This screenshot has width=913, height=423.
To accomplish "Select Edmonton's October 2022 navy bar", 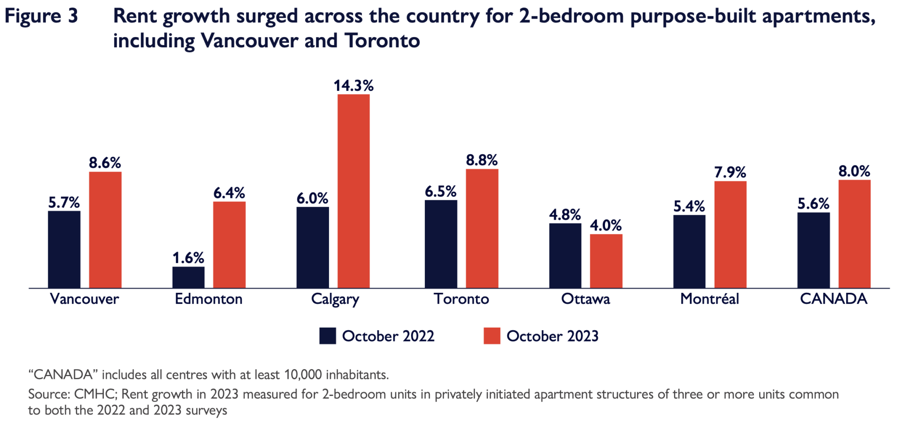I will point(188,277).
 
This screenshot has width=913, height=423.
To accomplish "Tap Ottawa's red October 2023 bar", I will point(606,261).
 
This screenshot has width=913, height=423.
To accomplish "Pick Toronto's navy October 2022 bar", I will point(440,244).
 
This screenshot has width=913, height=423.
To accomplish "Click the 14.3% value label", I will point(354,86).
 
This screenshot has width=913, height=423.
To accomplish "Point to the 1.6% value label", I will point(188,258).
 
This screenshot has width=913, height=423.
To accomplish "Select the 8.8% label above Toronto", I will point(481,160).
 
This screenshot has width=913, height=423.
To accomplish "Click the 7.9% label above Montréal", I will point(730,172).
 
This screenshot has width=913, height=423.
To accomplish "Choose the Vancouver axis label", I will point(84,299).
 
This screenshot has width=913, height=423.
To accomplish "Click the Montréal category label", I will point(709,299).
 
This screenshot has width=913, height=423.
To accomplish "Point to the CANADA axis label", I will point(833,299).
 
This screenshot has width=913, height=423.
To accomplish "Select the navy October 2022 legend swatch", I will point(327,336).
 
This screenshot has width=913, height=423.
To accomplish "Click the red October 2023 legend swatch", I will point(492,336).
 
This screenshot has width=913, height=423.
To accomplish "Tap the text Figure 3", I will point(41,16).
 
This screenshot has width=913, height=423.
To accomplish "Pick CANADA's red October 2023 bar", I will point(854,234).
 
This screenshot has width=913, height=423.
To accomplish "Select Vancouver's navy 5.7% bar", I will point(64,249).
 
